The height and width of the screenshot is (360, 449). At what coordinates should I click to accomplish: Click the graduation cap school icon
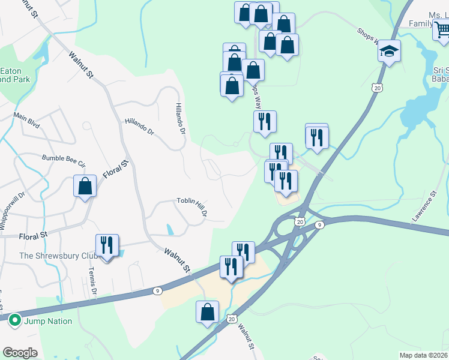pyautogui.click(x=389, y=52)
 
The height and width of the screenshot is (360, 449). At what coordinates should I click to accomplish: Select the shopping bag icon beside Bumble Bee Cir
pyautogui.click(x=85, y=186)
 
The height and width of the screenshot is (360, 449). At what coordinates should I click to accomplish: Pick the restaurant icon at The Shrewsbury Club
pyautogui.click(x=107, y=245)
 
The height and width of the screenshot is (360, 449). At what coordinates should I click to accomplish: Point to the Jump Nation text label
pyautogui.click(x=48, y=321)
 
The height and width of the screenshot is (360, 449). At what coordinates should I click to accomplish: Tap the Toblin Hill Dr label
pyautogui.click(x=192, y=206)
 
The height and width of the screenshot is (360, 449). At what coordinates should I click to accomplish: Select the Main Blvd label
pyautogui.click(x=26, y=120)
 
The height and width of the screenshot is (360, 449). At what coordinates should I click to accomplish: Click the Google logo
pyautogui.click(x=20, y=352)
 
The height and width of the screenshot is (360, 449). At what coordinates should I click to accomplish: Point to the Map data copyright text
pyautogui.click(x=423, y=355)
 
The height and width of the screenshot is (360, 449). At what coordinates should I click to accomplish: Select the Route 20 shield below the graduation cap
pyautogui.click(x=377, y=88)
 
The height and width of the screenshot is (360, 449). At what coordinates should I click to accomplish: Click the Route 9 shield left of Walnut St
pyautogui.click(x=157, y=291)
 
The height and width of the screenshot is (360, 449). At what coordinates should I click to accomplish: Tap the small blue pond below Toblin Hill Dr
pyautogui.click(x=170, y=229)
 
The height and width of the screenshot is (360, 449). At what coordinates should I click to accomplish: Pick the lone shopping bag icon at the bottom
pyautogui.click(x=207, y=312)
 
